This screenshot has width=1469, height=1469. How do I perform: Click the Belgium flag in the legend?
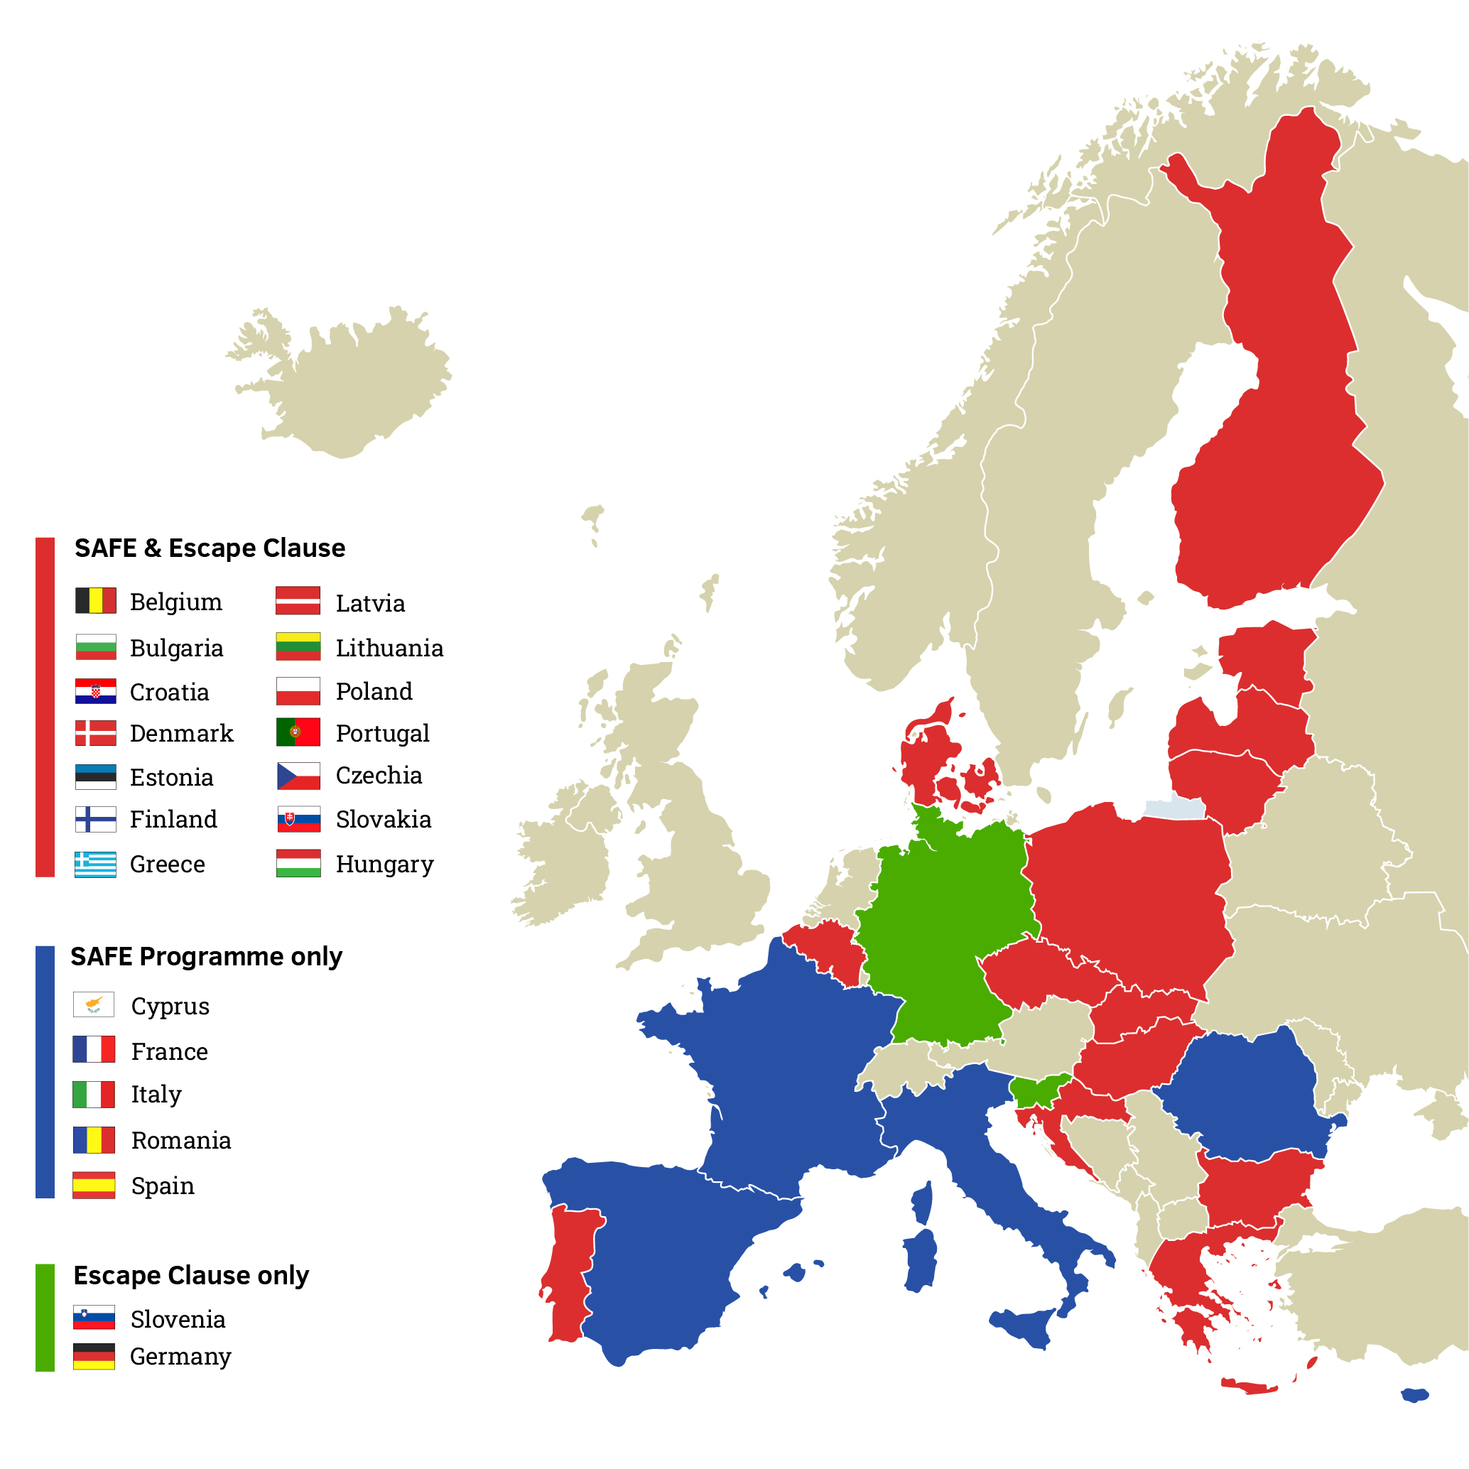click(95, 600)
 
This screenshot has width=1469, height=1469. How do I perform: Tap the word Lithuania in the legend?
click(389, 648)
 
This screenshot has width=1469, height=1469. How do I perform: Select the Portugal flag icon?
click(298, 732)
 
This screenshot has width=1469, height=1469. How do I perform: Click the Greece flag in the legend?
click(95, 864)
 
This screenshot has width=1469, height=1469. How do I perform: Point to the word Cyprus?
click(170, 1006)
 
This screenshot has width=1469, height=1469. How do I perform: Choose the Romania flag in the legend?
click(94, 1140)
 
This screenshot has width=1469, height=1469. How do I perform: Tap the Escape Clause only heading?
click(191, 1275)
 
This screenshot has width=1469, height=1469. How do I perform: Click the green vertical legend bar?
click(45, 1318)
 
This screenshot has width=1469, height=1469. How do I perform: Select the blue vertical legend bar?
click(45, 1072)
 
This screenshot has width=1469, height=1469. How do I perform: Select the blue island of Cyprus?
click(1415, 1395)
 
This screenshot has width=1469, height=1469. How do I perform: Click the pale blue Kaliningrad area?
click(1175, 808)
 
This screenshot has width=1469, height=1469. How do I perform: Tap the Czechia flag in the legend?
click(298, 776)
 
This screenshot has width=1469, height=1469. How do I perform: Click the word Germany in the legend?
click(180, 1357)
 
